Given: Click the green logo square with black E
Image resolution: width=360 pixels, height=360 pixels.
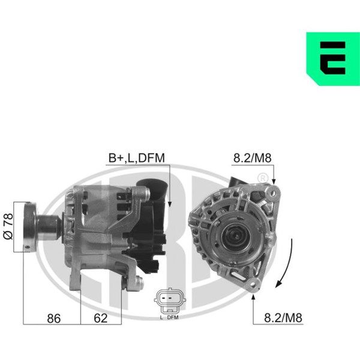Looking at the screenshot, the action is point(333,59).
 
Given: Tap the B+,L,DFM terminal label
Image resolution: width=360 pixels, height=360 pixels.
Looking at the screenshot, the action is point(137,158).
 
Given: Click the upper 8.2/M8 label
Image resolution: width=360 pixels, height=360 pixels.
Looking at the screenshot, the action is point(253,158).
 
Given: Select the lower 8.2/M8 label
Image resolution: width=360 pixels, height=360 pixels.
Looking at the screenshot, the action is point(283,318).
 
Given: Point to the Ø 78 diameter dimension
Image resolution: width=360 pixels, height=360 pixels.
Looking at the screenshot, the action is point(8,226).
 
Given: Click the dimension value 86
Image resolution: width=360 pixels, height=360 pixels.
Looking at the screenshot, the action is point(54,319).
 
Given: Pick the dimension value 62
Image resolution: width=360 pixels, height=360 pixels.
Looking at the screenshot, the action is point(101,318).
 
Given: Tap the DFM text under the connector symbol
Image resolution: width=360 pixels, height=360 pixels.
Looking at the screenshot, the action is point(173,317).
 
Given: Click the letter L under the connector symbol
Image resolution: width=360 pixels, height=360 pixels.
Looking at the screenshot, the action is point(161,317).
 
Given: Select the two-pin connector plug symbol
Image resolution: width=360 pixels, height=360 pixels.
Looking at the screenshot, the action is point(170,301).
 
